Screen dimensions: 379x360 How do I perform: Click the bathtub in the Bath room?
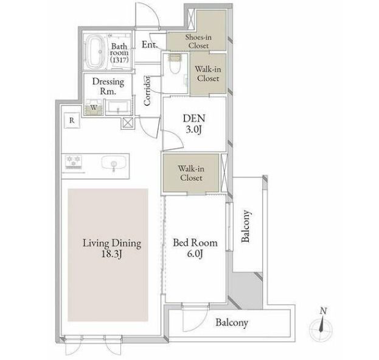click(x=95, y=52)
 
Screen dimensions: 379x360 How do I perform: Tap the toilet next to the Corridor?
click(x=175, y=65)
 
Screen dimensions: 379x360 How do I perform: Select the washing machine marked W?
click(x=94, y=107)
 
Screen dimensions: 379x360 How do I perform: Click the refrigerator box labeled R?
click(x=72, y=121)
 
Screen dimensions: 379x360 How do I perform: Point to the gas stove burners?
click(x=74, y=161)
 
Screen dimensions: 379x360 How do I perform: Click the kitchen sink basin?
click(x=114, y=162)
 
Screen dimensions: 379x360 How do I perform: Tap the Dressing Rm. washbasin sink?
click(x=118, y=107)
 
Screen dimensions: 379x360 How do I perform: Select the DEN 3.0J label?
click(x=194, y=124)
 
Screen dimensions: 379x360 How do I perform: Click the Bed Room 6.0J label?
click(x=195, y=248)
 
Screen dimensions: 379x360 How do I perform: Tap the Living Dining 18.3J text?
click(x=112, y=248)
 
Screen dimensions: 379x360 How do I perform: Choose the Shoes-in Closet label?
click(x=198, y=41)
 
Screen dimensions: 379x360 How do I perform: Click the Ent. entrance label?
click(x=150, y=44)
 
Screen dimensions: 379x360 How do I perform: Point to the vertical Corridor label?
click(x=147, y=91)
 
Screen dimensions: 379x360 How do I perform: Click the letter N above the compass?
click(x=323, y=311)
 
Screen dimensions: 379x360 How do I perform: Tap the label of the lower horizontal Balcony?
click(x=232, y=323)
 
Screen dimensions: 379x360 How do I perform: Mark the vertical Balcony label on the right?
click(x=246, y=226)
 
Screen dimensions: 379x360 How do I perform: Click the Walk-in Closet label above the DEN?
click(x=208, y=74)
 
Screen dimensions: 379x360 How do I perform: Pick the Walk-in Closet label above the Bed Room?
click(x=191, y=173)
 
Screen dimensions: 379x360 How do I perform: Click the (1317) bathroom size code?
click(x=119, y=60)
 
